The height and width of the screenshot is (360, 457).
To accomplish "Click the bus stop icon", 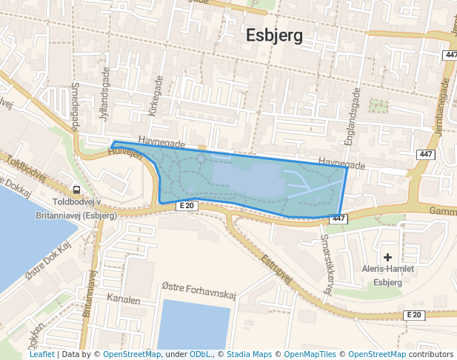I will tap(77, 190).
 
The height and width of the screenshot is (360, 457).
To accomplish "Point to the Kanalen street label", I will tap(123, 300).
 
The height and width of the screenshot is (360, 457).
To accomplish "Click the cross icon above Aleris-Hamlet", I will tap(387, 256).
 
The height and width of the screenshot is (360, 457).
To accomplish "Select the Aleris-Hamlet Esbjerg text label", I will tap(387, 276).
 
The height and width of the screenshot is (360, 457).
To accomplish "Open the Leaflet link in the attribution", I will tap(41, 354).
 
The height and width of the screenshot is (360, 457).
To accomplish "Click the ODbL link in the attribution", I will tap(201, 354).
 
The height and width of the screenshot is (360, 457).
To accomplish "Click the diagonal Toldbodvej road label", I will tap(27, 170).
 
